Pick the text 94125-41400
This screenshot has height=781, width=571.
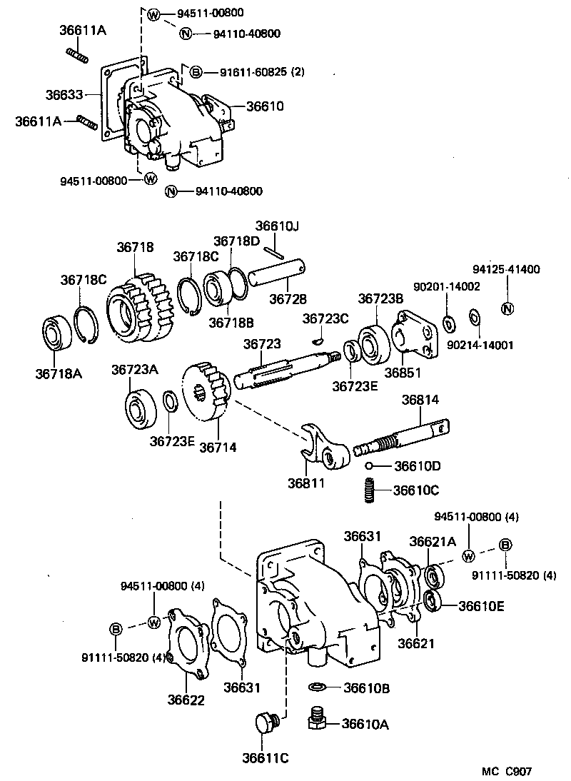pyautogui.click(x=506, y=269)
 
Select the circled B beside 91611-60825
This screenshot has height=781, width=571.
pyautogui.click(x=196, y=71)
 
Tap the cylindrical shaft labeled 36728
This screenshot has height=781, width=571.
pyautogui.click(x=279, y=274)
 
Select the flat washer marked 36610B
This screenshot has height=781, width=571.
pyautogui.click(x=318, y=687)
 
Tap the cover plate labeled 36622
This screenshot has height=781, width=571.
pyautogui.click(x=186, y=641)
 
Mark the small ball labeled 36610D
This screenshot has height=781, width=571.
pyautogui.click(x=370, y=465)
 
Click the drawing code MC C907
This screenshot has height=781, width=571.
pyautogui.click(x=506, y=770)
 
